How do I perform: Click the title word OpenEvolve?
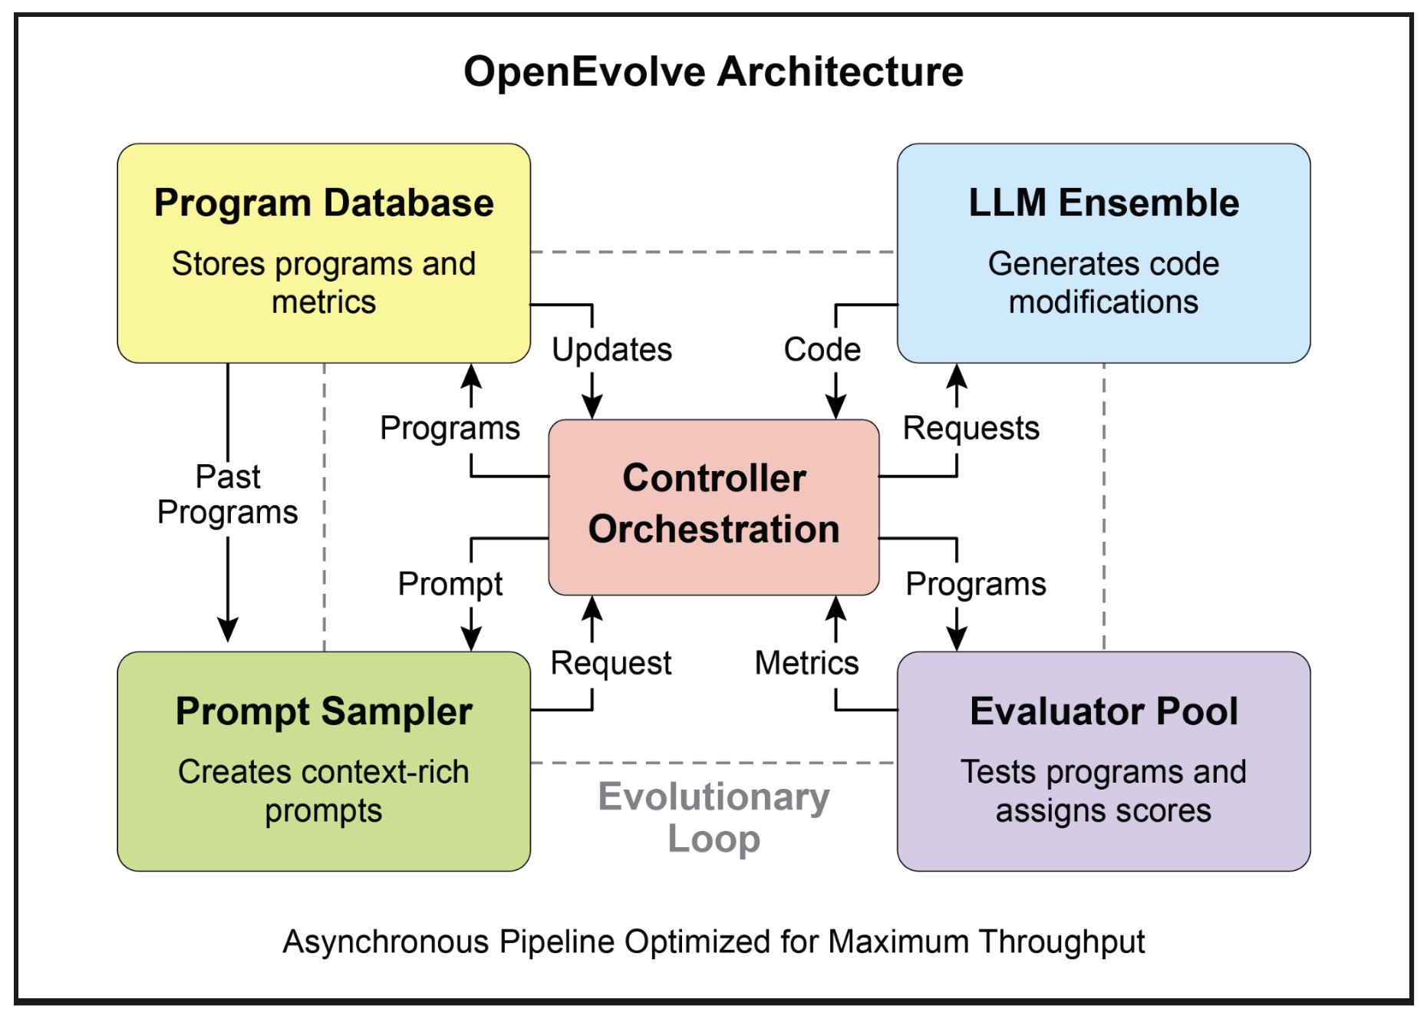[x=585, y=72]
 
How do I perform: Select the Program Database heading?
[x=324, y=203]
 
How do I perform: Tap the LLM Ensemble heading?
[x=1103, y=203]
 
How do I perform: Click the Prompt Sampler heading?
[x=324, y=711]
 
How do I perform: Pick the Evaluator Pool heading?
[x=1103, y=711]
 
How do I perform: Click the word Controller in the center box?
[x=713, y=478]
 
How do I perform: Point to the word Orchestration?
[x=713, y=529]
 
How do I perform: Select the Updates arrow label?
[x=611, y=350]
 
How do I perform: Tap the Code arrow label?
[x=822, y=350]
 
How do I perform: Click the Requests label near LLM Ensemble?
[x=971, y=428]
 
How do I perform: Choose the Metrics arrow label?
[x=806, y=663]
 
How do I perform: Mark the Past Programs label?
[x=228, y=495]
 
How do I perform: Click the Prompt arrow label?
[x=450, y=584]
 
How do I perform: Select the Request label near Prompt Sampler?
[x=611, y=663]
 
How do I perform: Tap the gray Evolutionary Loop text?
[x=713, y=818]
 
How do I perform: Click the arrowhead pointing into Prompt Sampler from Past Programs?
[x=228, y=631]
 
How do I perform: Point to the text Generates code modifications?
[x=1103, y=283]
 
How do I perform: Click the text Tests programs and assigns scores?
[x=1103, y=791]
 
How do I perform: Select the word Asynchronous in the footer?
[x=385, y=942]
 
